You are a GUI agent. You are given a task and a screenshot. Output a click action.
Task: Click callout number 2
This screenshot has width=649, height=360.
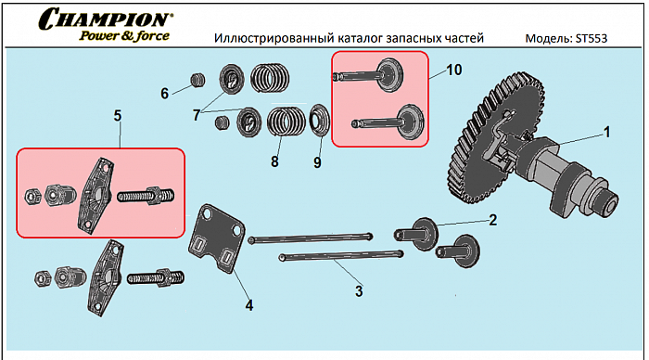click(492, 220)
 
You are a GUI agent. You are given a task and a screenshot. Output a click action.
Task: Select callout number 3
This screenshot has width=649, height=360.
click(359, 291)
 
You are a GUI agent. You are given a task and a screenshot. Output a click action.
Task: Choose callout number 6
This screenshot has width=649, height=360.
click(164, 93)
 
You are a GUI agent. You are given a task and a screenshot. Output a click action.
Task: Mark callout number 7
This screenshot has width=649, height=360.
click(197, 115)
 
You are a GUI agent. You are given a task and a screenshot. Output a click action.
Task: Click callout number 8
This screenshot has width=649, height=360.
click(274, 161)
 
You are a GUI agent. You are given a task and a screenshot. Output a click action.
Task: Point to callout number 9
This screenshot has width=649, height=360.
click(317, 162)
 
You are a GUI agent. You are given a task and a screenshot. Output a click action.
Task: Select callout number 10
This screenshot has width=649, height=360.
click(452, 71)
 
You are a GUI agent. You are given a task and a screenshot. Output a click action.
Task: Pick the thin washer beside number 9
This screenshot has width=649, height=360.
click(317, 121)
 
